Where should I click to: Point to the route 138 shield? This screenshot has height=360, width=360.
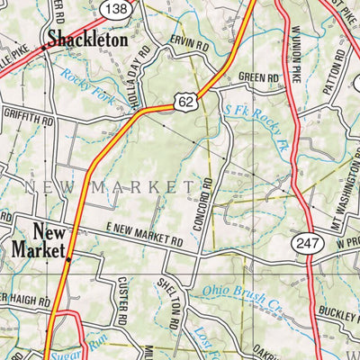point(116,8)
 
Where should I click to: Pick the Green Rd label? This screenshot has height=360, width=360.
point(260,78)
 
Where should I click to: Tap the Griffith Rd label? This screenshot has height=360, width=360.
point(27,118)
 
